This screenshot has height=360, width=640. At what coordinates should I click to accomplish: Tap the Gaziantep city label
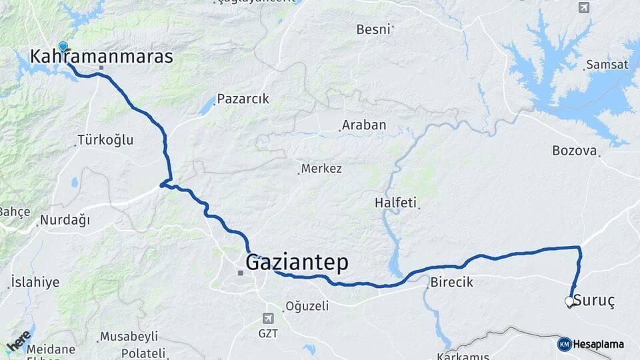tap(297, 263)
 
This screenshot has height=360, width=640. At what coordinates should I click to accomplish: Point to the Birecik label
tap(451, 282)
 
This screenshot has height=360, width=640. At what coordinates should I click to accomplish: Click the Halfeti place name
tap(395, 203)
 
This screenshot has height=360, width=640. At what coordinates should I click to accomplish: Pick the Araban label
tap(364, 125)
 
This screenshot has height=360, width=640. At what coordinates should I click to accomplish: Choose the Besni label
tap(373, 29)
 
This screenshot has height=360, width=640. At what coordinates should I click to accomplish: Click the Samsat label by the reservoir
tap(607, 65)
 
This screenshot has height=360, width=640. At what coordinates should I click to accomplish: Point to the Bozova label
tap(574, 151)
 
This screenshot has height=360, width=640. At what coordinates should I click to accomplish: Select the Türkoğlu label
tap(105, 140)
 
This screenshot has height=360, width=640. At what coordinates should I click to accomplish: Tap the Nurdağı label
tap(65, 220)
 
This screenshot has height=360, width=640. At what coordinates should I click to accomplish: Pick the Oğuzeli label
tap(307, 306)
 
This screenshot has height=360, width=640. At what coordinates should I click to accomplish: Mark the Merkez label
tap(321, 169)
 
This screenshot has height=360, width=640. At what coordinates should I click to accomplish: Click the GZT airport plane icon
tap(268, 319)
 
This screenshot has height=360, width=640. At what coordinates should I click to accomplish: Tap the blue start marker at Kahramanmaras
tap(63, 46)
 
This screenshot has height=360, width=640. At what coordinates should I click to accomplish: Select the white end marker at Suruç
tap(569, 301)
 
